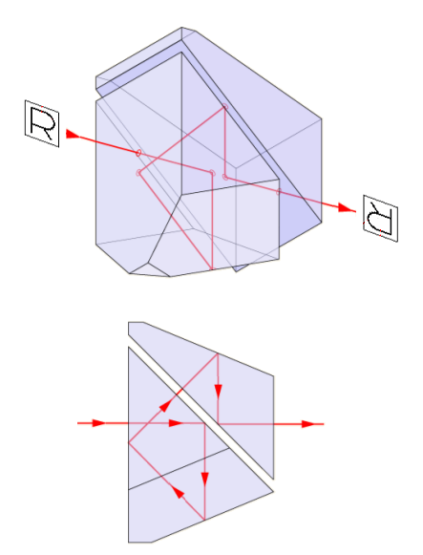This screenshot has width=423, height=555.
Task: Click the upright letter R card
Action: [42, 123]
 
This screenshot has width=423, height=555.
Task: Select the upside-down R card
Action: [381, 219]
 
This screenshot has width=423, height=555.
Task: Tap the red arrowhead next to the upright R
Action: [74, 135]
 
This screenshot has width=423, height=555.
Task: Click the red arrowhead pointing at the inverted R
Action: [346, 208]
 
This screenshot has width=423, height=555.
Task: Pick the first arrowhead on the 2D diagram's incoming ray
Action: [99, 423]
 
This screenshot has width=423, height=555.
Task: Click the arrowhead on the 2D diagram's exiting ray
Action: [308, 424]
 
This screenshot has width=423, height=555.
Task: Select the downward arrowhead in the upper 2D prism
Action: [218, 392]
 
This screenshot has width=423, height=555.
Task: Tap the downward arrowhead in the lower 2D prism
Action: [204, 480]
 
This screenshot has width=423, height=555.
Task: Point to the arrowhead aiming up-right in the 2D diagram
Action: [165, 405]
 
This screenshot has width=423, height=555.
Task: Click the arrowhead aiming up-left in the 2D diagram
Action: [179, 492]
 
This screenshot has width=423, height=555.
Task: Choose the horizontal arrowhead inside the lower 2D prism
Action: [176, 423]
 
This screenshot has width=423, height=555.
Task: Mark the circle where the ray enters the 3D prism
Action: [138, 153]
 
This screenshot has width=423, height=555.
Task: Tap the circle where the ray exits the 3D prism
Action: [279, 192]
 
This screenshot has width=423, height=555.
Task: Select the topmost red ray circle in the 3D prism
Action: [224, 106]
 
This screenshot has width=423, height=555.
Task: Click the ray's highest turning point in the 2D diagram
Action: [217, 353]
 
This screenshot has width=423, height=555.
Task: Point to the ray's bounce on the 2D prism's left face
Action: [128, 442]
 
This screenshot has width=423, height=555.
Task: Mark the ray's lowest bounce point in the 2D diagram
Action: [204, 520]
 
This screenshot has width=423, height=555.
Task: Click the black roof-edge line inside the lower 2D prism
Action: [179, 469]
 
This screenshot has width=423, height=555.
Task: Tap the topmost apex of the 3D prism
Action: [181, 28]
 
